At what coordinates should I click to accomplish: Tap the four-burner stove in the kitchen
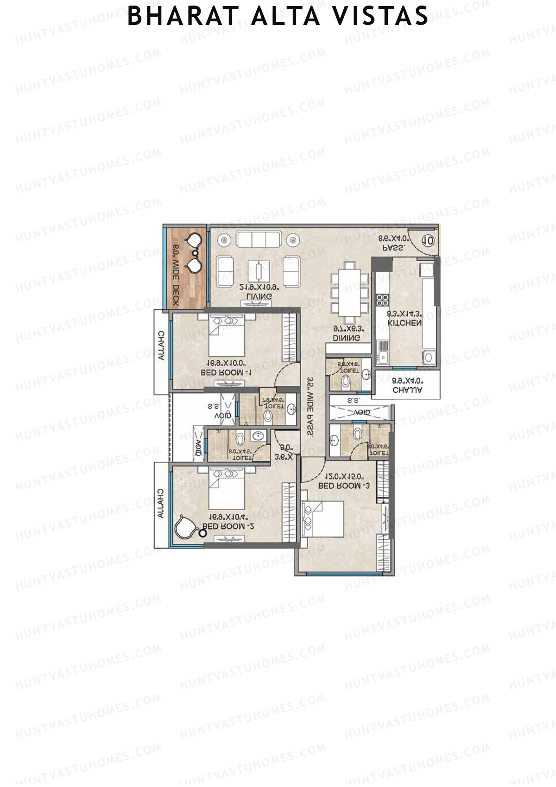382,300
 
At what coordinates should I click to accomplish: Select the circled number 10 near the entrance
428,240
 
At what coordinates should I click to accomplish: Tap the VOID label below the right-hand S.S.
361,412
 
